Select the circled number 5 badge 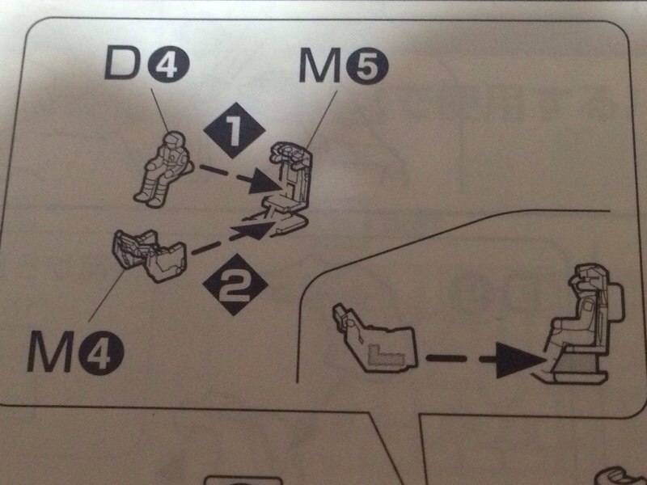(367, 65)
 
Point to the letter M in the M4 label (50, 351)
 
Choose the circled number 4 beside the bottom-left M (102, 352)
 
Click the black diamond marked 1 (235, 130)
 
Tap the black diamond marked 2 (235, 285)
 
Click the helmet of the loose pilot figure (174, 141)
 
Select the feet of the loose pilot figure (148, 199)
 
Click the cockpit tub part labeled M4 (150, 255)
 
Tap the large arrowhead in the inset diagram (520, 359)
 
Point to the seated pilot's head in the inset (588, 277)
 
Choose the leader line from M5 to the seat (322, 119)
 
